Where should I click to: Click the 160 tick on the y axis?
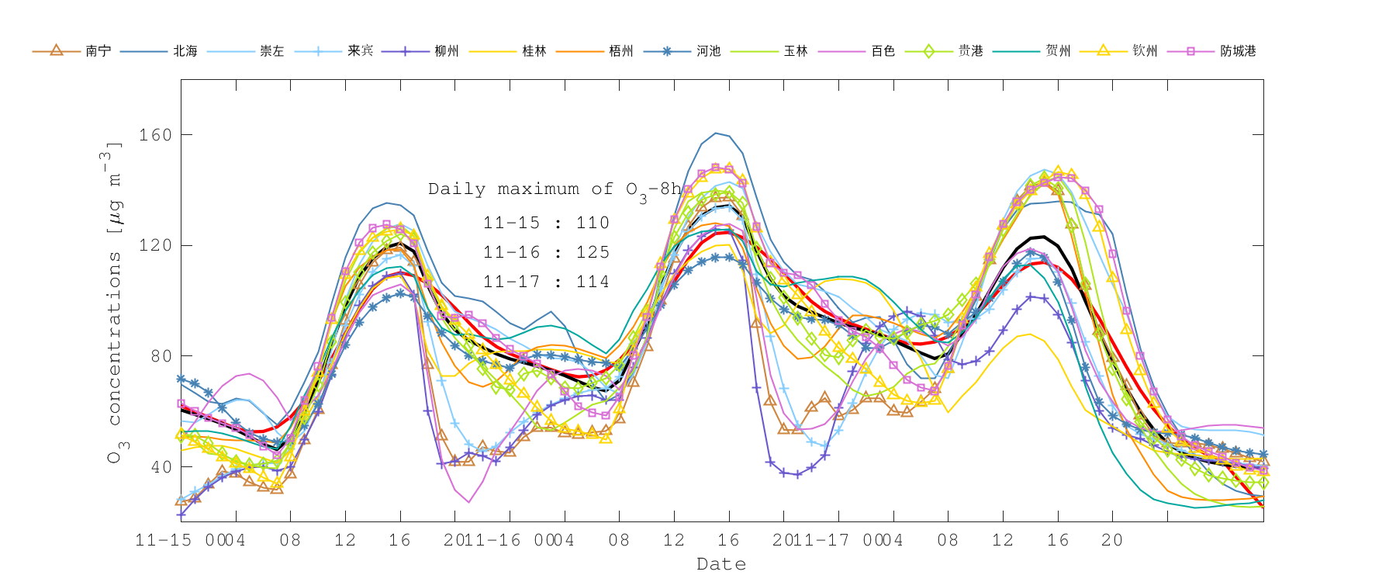click(x=155, y=135)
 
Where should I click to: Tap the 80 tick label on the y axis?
click(x=161, y=356)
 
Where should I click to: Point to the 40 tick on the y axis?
click(x=161, y=467)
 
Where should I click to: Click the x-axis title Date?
click(x=721, y=564)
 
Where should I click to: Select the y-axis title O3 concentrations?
click(x=114, y=303)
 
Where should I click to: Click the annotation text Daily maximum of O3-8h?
click(x=555, y=189)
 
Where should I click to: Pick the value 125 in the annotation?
click(x=593, y=253)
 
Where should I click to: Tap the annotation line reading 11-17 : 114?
click(x=546, y=282)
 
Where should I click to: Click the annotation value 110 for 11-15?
click(x=593, y=223)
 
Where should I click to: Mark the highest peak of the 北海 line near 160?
click(x=716, y=133)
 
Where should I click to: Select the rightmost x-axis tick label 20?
click(x=1111, y=540)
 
